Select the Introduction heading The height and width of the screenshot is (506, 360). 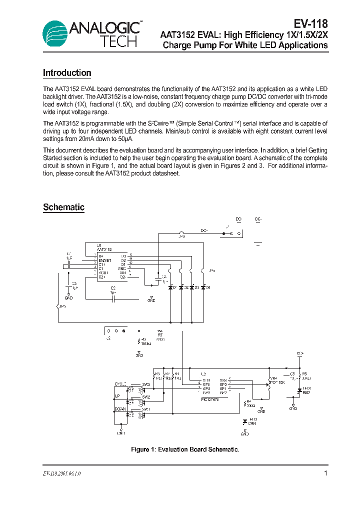pyautogui.click(x=67, y=73)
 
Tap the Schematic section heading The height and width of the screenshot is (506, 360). pyautogui.click(x=63, y=207)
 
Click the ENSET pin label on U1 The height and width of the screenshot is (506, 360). pyautogui.click(x=105, y=260)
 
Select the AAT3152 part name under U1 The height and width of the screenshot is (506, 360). pyautogui.click(x=104, y=249)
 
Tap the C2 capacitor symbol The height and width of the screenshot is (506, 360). pyautogui.click(x=113, y=298)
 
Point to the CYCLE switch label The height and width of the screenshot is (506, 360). pyautogui.click(x=120, y=383)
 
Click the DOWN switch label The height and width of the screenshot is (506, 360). pyautogui.click(x=120, y=409)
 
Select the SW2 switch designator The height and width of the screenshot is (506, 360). pyautogui.click(x=145, y=397)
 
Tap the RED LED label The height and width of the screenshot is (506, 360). pyautogui.click(x=306, y=392)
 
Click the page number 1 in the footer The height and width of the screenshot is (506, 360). pyautogui.click(x=325, y=473)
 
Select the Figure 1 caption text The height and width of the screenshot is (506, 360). pyautogui.click(x=185, y=449)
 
